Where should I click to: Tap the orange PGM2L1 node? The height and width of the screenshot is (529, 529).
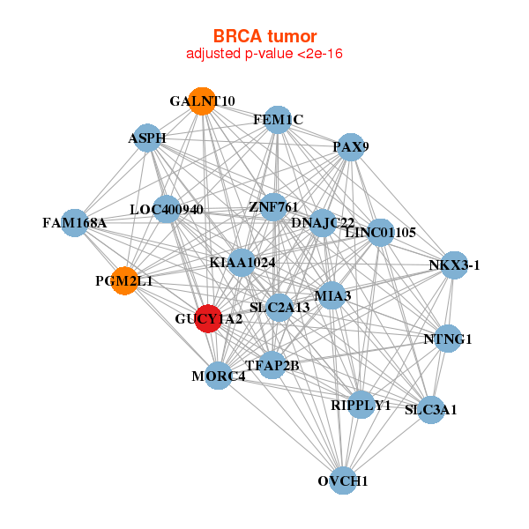pyautogui.click(x=124, y=281)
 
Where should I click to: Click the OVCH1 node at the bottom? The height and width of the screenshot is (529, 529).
pyautogui.click(x=343, y=481)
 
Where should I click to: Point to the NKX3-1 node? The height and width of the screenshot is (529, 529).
pyautogui.click(x=453, y=265)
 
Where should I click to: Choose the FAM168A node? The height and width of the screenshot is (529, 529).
pyautogui.click(x=74, y=223)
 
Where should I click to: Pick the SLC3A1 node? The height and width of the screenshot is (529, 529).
pyautogui.click(x=430, y=410)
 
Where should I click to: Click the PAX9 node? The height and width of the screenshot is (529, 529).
pyautogui.click(x=350, y=147)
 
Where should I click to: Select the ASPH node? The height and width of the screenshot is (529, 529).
pyautogui.click(x=147, y=138)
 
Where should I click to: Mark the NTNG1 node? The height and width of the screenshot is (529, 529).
pyautogui.click(x=448, y=339)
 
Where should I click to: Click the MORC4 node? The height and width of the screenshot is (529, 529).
pyautogui.click(x=218, y=376)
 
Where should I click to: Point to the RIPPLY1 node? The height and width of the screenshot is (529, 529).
pyautogui.click(x=361, y=405)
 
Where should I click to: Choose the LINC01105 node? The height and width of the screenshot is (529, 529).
pyautogui.click(x=380, y=233)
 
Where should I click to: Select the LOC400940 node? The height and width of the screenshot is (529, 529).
pyautogui.click(x=167, y=210)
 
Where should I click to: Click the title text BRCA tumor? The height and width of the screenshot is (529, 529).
pyautogui.click(x=264, y=36)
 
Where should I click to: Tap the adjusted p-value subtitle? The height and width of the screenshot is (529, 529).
pyautogui.click(x=264, y=54)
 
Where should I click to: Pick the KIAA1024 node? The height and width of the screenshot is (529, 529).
pyautogui.click(x=242, y=263)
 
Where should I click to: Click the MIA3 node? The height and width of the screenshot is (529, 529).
pyautogui.click(x=332, y=295)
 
